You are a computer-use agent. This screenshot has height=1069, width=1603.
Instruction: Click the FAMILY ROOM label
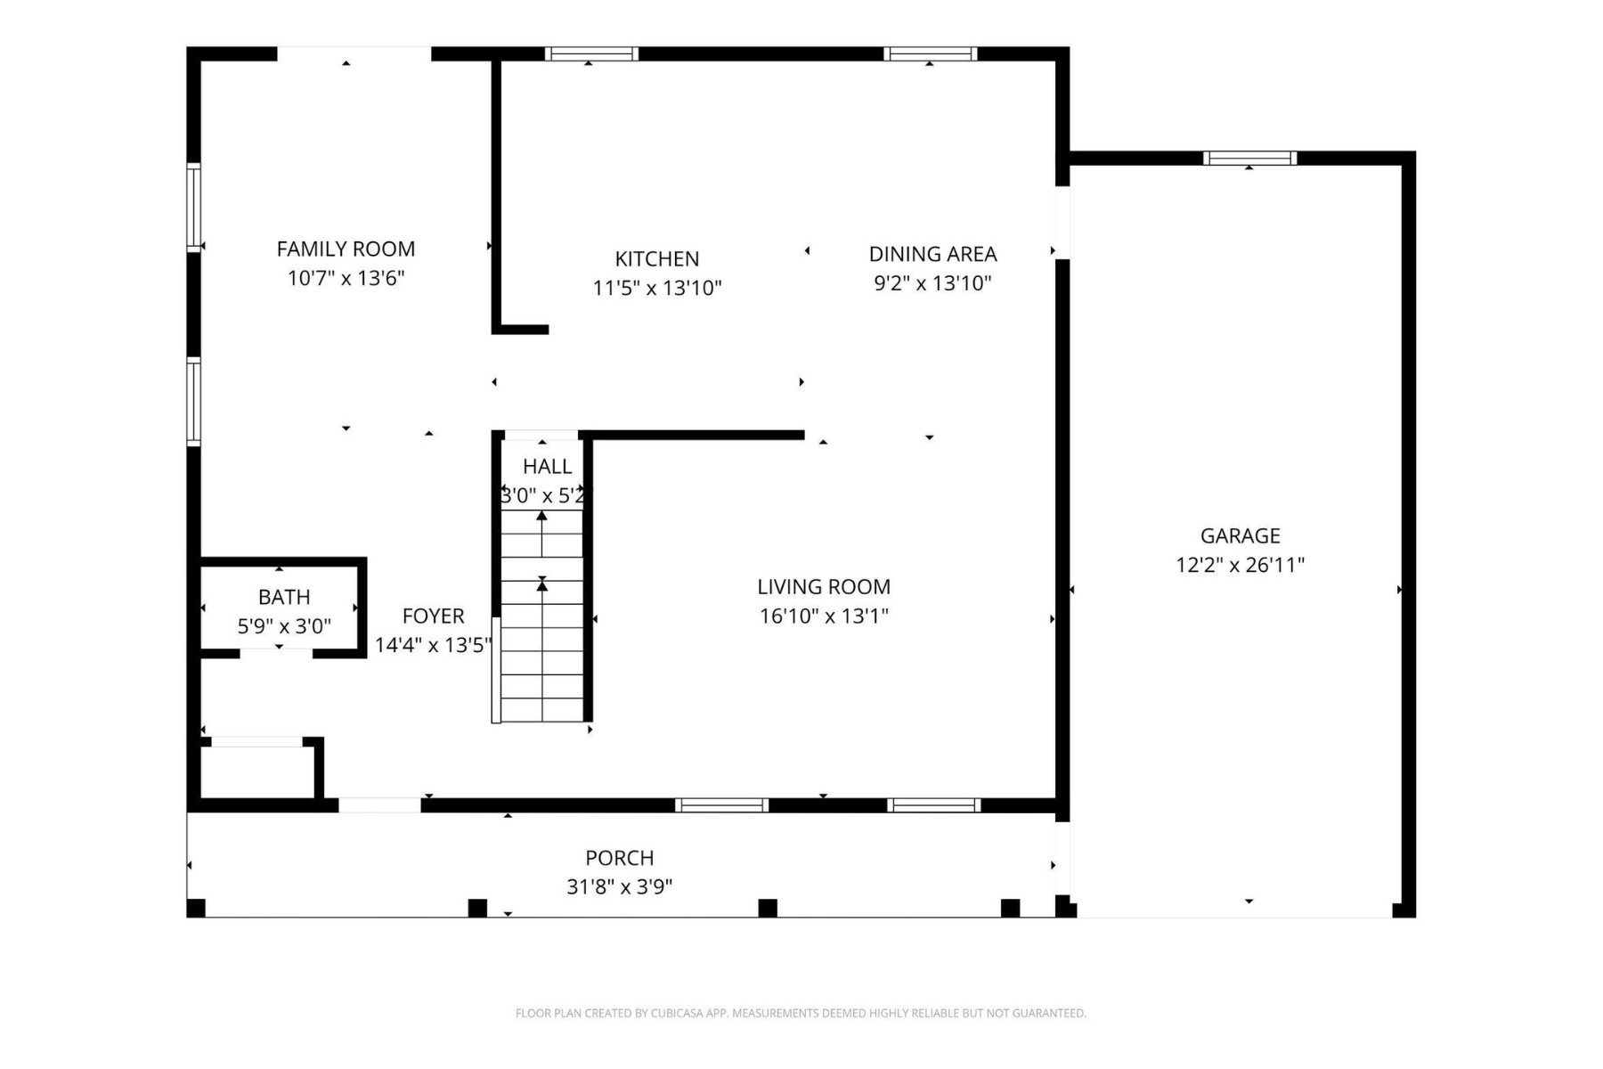pos(346,249)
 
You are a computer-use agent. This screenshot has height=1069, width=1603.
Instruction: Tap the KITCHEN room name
pos(657,259)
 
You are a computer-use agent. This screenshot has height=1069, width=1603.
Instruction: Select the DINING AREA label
pos(932,254)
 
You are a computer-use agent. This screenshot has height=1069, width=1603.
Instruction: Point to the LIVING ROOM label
pos(824,587)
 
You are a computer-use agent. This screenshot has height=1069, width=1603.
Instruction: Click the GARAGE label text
pos(1240,536)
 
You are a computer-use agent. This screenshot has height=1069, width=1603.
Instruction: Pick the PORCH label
pos(620,858)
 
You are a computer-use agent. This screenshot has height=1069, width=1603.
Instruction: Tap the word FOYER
pos(433,616)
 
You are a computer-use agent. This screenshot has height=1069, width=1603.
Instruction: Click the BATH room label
pos(284,597)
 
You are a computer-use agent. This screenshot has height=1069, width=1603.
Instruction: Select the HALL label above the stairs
pos(547,467)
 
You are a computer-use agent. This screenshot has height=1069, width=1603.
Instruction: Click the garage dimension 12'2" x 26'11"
pos(1240,565)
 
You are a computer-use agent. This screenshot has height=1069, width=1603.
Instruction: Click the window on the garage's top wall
pos(1249,159)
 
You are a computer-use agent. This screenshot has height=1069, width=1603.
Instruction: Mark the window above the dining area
pos(930,54)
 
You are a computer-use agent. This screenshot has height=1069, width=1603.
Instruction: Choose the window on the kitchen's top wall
pos(591,54)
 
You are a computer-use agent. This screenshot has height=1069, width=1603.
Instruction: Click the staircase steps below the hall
pos(541,616)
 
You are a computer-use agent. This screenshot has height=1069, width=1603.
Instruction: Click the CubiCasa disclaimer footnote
pos(801,1013)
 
